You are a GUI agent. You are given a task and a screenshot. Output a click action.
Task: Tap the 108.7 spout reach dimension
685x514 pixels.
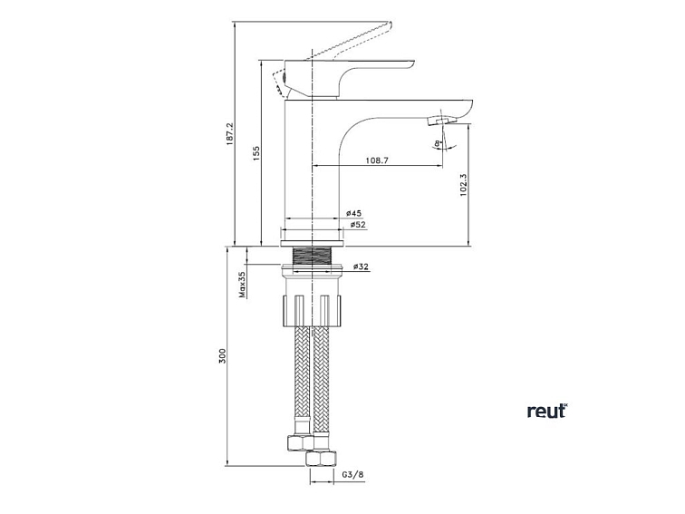pyautogui.click(x=377, y=160)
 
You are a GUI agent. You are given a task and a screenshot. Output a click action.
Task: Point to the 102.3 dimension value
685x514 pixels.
pyautogui.click(x=463, y=185)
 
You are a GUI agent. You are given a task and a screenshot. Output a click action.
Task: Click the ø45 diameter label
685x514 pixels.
pyautogui.click(x=354, y=213)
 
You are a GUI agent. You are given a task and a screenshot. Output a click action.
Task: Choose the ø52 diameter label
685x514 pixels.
pyautogui.click(x=357, y=225)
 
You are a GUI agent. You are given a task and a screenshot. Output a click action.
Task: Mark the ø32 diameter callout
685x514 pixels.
pyautogui.click(x=361, y=267)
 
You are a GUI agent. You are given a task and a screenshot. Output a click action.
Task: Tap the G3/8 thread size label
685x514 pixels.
pyautogui.click(x=352, y=474)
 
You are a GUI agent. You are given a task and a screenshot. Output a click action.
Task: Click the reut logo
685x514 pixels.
pyautogui.click(x=546, y=411)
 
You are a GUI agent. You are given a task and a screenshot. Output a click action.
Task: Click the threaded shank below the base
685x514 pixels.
pyautogui.click(x=313, y=255)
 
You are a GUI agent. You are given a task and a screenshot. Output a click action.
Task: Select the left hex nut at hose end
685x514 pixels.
pyautogui.click(x=297, y=443)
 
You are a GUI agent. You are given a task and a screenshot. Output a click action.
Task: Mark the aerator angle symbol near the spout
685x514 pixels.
pyautogui.click(x=439, y=141)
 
